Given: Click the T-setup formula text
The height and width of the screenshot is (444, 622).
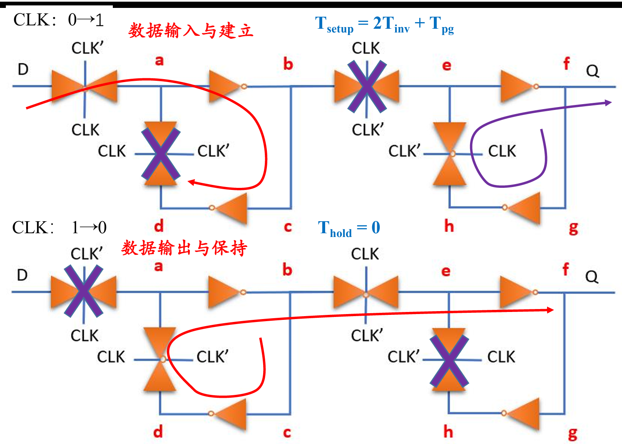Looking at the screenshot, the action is point(384,25).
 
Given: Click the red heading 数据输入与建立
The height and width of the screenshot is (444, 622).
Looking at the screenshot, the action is point(191,30).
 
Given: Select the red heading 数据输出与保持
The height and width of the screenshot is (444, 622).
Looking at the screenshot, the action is point(184,248).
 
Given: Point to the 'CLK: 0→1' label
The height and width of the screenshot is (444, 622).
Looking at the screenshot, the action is point(59,20).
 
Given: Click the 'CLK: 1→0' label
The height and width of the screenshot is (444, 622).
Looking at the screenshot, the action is point(59,227).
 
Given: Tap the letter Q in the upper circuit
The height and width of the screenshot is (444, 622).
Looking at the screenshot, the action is point(592,71).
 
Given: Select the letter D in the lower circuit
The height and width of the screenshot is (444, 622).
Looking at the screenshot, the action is point(22,275).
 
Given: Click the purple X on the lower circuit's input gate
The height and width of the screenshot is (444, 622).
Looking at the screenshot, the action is point(84,291).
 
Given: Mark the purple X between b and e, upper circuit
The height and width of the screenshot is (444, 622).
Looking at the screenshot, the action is point(367,86).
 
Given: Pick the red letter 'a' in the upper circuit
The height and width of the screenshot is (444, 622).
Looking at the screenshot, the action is point(159,61).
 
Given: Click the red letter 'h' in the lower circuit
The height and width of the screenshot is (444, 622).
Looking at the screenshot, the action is point(448,432).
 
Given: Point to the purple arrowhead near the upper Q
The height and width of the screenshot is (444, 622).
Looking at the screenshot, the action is point(608,103).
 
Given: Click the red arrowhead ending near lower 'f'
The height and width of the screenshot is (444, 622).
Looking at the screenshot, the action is point(550,310).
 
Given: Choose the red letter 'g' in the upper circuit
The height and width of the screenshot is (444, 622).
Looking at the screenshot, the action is point(573,229).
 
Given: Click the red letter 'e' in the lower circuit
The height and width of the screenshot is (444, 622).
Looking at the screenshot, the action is point(445,272).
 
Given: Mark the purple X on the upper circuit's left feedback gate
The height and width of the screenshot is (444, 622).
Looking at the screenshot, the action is point(161,154).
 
